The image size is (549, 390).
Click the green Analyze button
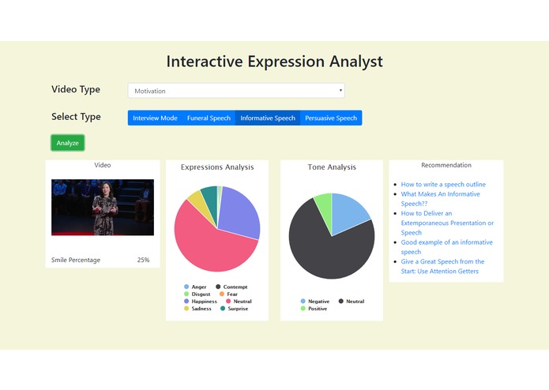(67, 143)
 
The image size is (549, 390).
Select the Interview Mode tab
(155, 118)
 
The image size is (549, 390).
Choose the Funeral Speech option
(209, 118)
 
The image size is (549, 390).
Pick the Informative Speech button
(268, 118)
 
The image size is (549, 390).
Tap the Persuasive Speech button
(331, 118)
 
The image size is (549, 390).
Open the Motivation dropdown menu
(236, 91)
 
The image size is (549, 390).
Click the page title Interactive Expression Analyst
(274, 62)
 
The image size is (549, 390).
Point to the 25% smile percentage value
(143, 260)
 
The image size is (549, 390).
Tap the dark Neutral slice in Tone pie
(328, 249)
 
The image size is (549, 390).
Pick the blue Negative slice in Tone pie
(349, 212)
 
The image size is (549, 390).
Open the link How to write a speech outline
(443, 185)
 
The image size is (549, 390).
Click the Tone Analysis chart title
(332, 167)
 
